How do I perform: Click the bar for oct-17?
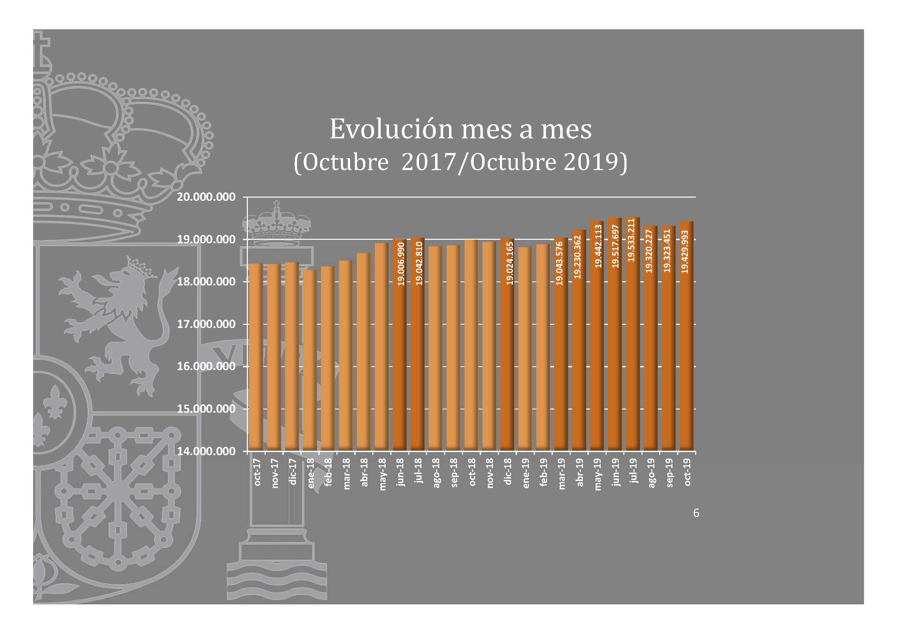(x=256, y=357)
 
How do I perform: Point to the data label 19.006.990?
(x=401, y=264)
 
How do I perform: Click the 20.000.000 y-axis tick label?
(x=206, y=197)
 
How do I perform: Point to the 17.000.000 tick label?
(x=206, y=324)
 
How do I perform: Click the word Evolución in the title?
(x=391, y=129)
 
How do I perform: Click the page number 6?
(x=696, y=513)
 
